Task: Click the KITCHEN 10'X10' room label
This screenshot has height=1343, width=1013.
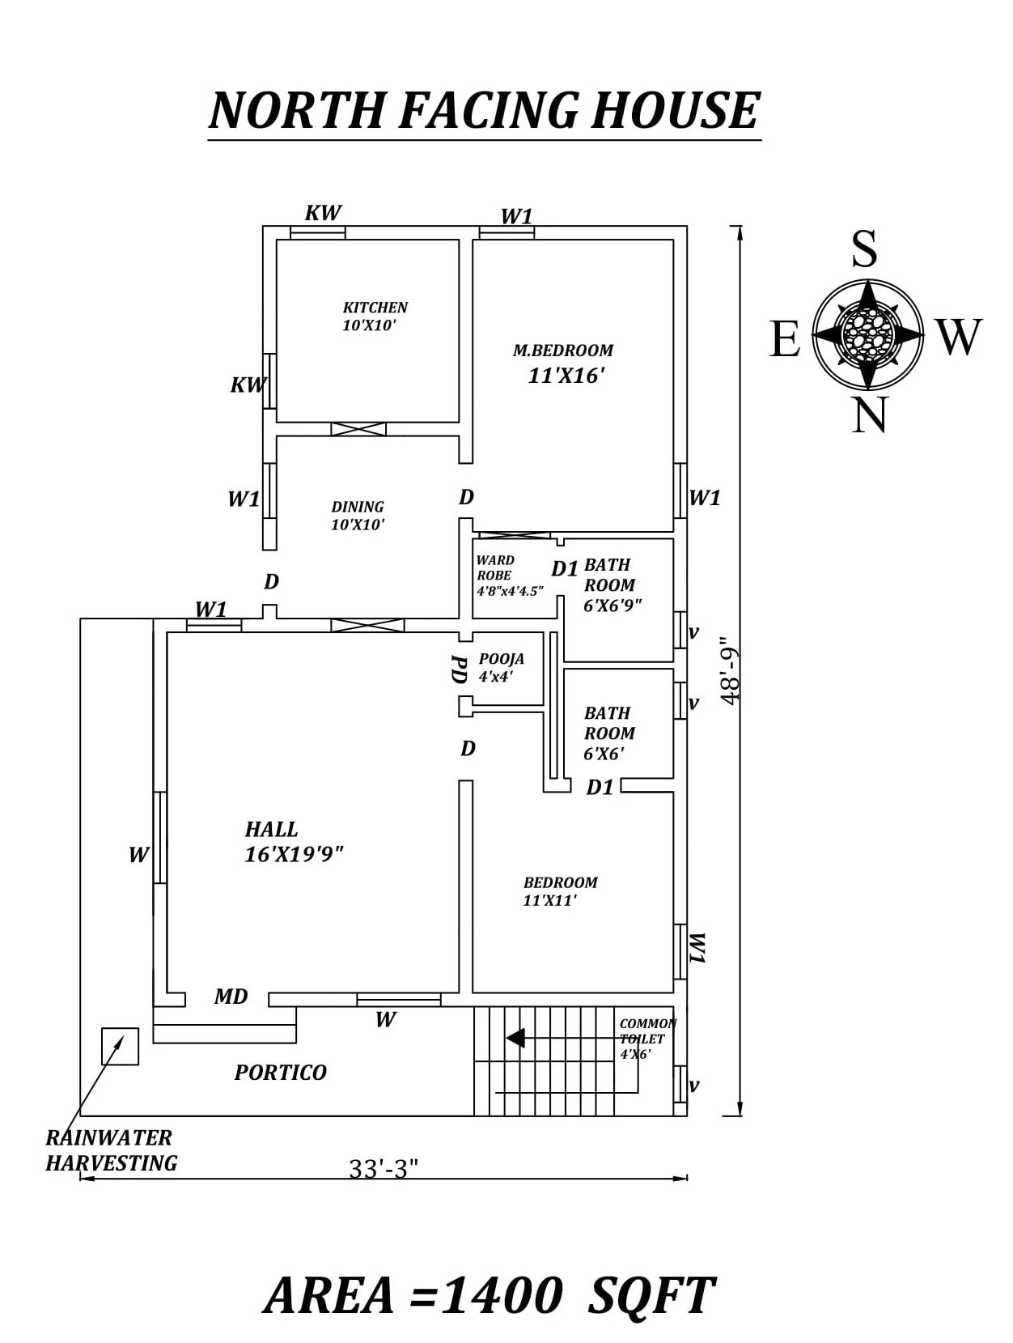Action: point(375,317)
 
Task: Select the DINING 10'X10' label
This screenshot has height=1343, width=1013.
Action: point(358,516)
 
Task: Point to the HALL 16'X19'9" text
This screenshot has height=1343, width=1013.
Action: point(293,842)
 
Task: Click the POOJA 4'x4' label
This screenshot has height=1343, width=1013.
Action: point(501,668)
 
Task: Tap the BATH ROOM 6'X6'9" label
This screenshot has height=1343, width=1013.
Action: point(611,585)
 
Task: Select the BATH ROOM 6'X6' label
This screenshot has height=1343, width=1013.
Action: point(609,733)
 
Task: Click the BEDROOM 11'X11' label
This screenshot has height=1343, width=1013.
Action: point(560,891)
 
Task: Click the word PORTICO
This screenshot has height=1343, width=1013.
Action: point(281,1073)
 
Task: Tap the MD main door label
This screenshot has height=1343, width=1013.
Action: point(231,997)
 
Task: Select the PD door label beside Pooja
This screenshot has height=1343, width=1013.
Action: point(459,669)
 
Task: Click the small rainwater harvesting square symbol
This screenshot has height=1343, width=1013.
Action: point(120,1046)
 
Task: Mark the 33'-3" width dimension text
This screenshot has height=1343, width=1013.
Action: point(384,1169)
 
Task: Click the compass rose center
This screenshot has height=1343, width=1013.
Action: point(868,333)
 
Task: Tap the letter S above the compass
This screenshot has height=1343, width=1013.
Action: point(864,249)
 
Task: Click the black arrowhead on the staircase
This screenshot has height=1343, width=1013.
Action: point(515,1038)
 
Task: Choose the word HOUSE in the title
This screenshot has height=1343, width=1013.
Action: point(676,111)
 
